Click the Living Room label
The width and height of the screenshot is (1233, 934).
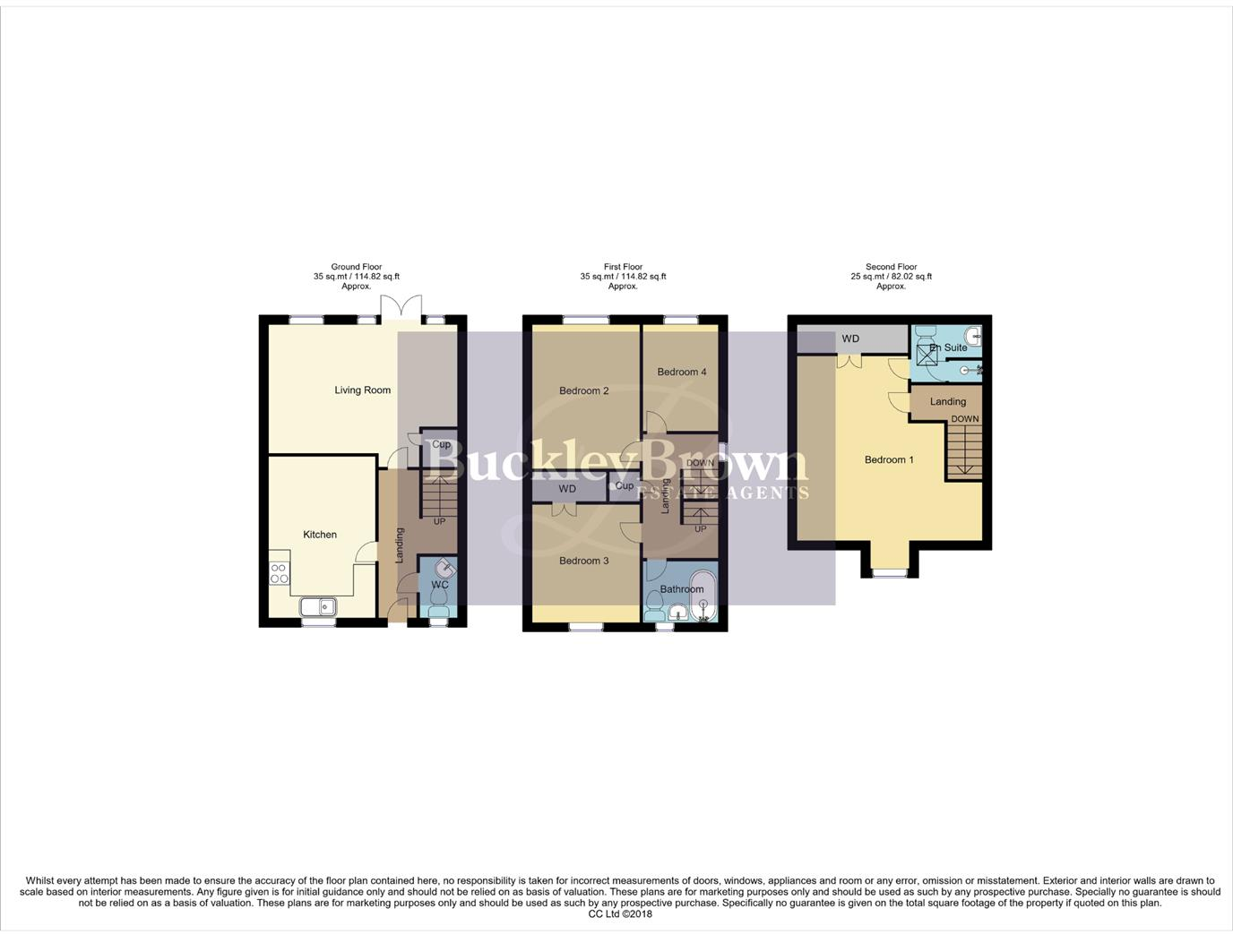362,390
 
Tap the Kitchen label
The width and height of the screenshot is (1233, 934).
319,535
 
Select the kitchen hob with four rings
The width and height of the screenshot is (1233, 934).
280,573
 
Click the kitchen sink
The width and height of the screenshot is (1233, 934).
318,607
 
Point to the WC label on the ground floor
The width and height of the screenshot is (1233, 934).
439,585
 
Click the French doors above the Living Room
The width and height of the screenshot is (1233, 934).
401,307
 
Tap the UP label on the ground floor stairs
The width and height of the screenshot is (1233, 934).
439,521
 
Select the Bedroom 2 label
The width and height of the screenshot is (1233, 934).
583,390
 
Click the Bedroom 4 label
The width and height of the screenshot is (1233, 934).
681,372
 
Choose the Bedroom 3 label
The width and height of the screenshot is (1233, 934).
583,561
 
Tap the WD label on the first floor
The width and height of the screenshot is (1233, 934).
567,489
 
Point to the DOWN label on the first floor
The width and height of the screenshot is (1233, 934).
700,463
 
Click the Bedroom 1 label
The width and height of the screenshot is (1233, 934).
889,459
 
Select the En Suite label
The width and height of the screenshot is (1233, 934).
949,347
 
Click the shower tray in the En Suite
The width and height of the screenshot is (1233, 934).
927,356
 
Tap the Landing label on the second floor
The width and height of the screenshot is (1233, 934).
947,401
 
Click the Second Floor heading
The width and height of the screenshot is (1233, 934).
891,267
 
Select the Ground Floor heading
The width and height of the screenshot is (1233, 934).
356,267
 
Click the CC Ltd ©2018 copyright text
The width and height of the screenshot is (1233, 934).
620,914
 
